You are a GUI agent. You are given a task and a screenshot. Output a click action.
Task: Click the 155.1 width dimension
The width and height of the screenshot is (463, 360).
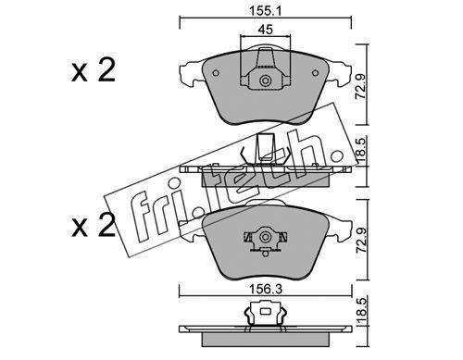tap(266, 11)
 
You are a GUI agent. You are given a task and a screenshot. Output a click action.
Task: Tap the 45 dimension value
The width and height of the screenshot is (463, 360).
tap(266, 30)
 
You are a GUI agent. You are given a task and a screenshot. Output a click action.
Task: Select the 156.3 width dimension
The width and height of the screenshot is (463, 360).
tap(266, 289)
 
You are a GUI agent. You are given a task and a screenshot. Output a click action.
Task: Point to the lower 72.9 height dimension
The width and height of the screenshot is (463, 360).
tap(360, 241)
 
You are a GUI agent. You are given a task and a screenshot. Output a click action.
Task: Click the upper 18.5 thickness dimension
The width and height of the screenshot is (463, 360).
tap(361, 151)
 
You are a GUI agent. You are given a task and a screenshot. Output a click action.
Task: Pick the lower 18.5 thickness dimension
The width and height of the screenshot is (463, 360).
tap(361, 311)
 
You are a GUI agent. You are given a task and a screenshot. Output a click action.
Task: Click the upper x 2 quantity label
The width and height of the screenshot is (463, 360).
tap(94, 70)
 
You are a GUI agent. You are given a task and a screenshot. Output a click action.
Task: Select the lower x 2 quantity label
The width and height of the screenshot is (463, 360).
tap(94, 226)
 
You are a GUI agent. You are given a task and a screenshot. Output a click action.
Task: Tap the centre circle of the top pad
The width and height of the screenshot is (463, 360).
tap(265, 81)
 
